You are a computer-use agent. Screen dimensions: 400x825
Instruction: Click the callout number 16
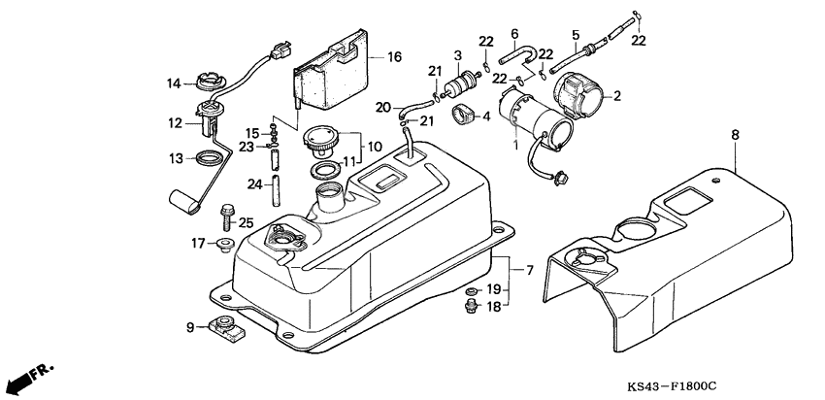click(x=393, y=57)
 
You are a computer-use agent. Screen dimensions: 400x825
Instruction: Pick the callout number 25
click(x=247, y=222)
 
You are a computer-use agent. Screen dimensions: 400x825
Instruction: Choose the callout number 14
click(x=175, y=83)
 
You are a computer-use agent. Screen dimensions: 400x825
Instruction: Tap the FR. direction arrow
click(x=28, y=375)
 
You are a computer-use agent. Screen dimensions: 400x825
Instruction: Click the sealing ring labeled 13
click(x=211, y=157)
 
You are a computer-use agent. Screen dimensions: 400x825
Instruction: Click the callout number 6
click(x=514, y=34)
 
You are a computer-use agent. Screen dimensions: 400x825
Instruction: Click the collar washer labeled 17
click(x=223, y=243)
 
